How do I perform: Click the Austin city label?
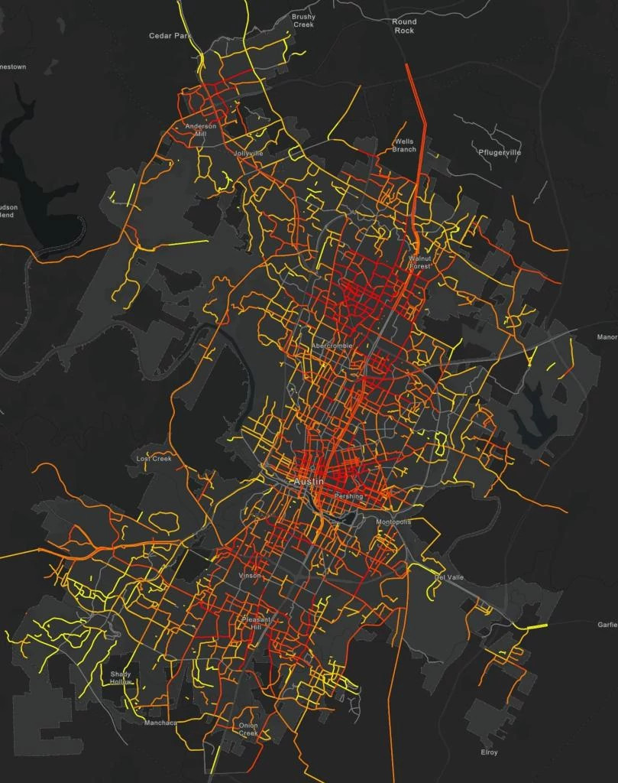pyautogui.click(x=309, y=482)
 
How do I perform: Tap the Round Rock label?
pyautogui.click(x=404, y=26)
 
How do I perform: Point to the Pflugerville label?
pyautogui.click(x=499, y=152)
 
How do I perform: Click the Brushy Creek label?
pyautogui.click(x=303, y=21)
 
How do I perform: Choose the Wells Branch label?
pyautogui.click(x=404, y=145)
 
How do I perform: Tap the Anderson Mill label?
pyautogui.click(x=201, y=129)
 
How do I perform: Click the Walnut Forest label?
pyautogui.click(x=420, y=262)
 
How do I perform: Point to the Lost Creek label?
pyautogui.click(x=154, y=459)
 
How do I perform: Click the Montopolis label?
pyautogui.click(x=393, y=521)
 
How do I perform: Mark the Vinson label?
pyautogui.click(x=249, y=575)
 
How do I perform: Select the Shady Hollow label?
pyautogui.click(x=121, y=677)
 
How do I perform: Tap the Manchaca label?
pyautogui.click(x=160, y=723)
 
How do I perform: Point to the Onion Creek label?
pyautogui.click(x=248, y=729)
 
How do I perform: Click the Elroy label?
pyautogui.click(x=489, y=752)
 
